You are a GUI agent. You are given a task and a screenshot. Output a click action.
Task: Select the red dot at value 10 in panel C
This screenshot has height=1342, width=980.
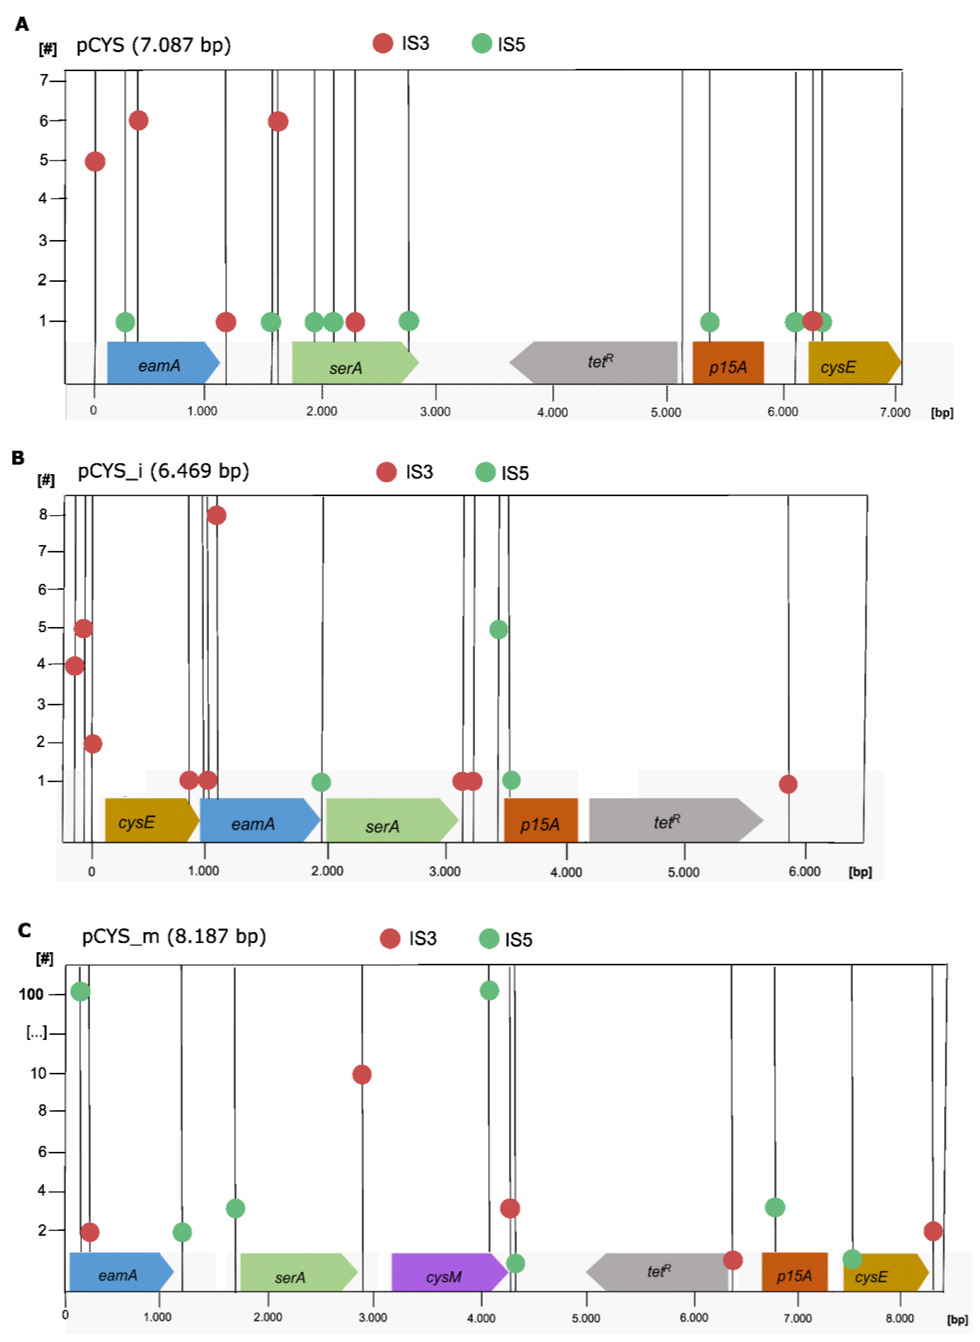pos(362,1074)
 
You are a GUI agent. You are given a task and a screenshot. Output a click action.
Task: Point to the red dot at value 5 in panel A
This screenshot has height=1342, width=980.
pos(95,162)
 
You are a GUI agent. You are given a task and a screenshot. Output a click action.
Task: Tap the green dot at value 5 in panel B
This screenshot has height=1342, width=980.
pos(498,629)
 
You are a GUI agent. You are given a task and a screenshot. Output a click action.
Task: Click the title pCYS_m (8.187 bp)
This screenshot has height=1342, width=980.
pos(174,937)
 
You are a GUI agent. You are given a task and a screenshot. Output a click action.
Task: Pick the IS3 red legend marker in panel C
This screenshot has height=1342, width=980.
pos(390,939)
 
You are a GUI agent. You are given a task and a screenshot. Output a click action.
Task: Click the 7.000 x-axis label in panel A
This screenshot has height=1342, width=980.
pos(894,412)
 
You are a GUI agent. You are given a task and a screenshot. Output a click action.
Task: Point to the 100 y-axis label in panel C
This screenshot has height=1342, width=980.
pos(31,994)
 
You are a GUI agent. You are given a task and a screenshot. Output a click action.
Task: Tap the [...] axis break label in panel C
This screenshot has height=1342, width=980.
pos(36,1033)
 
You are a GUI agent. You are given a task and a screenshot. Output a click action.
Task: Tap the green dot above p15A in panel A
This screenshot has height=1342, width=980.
pos(709,322)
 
